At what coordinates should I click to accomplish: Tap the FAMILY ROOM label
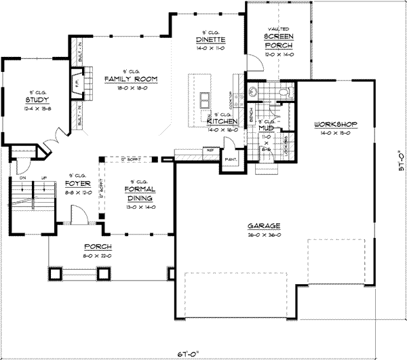pyautogui.click(x=131, y=79)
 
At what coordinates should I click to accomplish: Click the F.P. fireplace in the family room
pyautogui.click(x=75, y=85)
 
